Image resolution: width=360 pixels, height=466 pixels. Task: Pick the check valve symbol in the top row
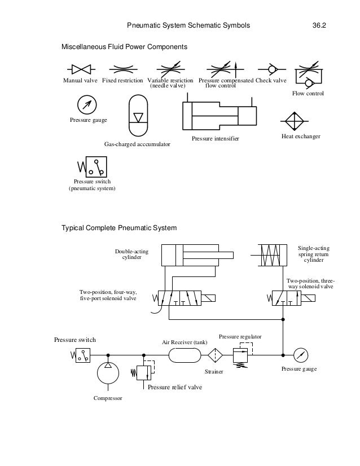pyautogui.click(x=270, y=69)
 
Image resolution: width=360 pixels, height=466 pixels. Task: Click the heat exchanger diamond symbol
pyautogui.click(x=293, y=122)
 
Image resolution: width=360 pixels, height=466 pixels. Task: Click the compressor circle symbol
pyautogui.click(x=107, y=375)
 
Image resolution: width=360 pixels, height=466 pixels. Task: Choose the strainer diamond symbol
pyautogui.click(x=215, y=355)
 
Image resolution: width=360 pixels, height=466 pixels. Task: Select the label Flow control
pyautogui.click(x=308, y=93)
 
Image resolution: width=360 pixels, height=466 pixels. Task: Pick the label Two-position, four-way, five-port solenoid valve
pyautogui.click(x=107, y=295)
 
